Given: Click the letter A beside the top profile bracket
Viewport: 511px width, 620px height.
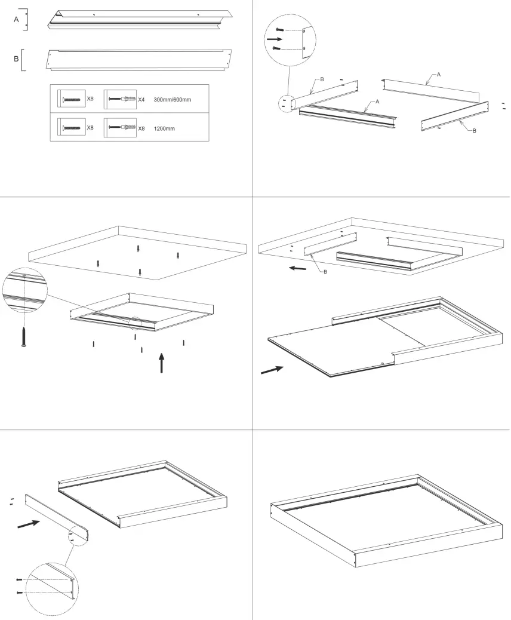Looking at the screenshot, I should point(17,19).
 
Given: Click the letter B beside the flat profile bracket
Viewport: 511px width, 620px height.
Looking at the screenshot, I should point(17,59).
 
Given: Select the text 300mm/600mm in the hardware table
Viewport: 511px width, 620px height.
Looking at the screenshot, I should point(172,99).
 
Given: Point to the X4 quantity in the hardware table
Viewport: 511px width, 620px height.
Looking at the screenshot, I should point(141,99).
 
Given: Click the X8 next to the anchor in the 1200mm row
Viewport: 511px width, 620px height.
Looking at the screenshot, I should point(141,128).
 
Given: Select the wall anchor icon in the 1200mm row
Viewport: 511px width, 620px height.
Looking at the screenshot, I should point(122,128).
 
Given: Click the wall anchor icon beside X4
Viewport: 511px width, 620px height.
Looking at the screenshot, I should point(122,99).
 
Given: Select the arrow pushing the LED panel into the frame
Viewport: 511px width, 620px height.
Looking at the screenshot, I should point(273,370).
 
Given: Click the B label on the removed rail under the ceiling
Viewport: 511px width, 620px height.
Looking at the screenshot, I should point(325,272).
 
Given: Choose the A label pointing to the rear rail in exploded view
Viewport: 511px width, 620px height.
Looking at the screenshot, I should point(439,74).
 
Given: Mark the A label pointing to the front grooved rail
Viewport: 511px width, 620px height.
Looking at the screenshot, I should point(378,102).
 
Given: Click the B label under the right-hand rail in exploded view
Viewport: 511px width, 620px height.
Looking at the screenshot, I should point(474,130).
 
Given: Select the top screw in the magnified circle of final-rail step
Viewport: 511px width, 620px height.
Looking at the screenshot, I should point(20,579).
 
